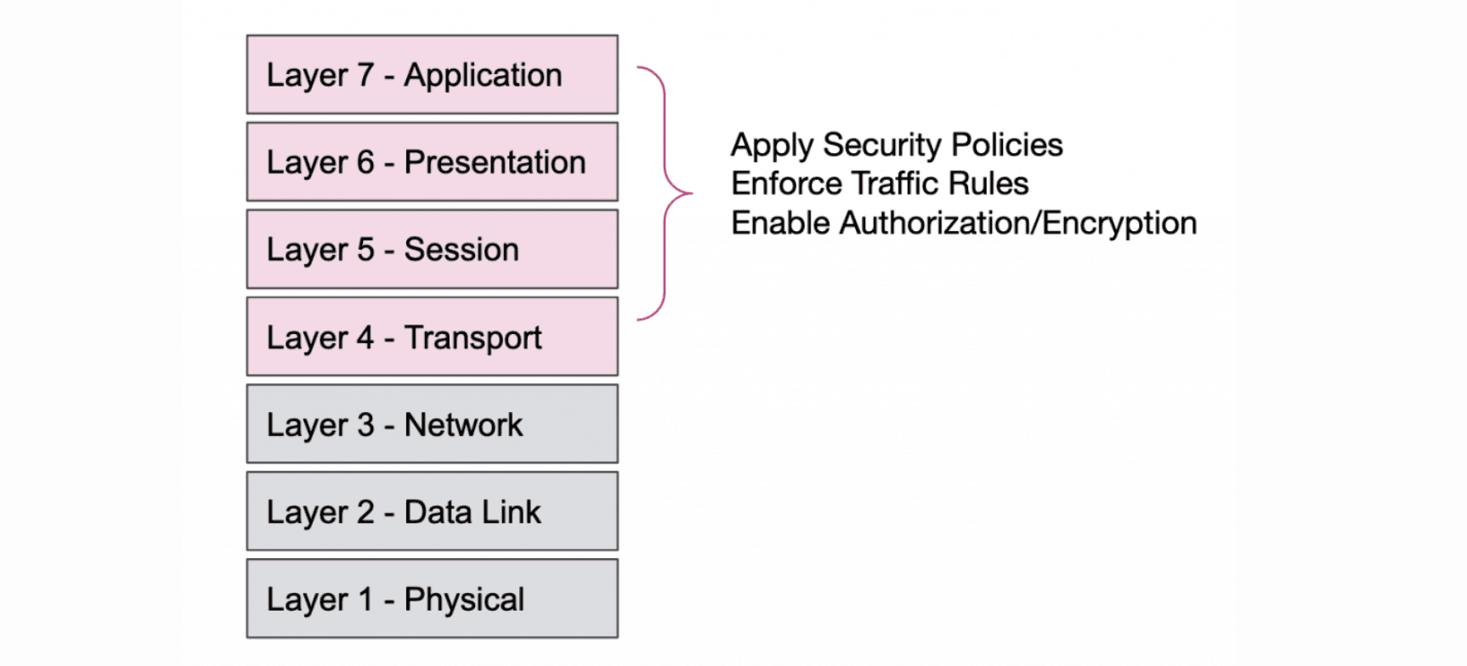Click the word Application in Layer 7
[483, 76]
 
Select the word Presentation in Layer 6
[495, 162]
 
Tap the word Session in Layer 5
[461, 250]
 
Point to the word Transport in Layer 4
[473, 338]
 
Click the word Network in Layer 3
[463, 425]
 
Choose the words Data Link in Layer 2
[472, 512]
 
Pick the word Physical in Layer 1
[464, 601]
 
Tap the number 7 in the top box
[365, 75]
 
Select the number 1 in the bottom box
[365, 600]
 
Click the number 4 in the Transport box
[365, 337]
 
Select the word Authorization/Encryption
[1017, 223]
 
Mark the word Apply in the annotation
[772, 146]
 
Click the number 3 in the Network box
[365, 425]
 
